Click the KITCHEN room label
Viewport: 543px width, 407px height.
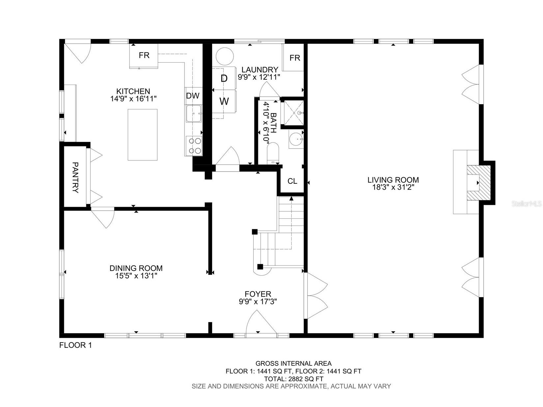[133, 91]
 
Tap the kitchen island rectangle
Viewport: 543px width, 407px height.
[142, 135]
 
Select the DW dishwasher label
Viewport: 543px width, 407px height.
[193, 96]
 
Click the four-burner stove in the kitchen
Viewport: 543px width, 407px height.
[194, 146]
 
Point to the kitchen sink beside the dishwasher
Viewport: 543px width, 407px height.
[194, 114]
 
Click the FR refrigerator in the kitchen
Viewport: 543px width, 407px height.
[144, 55]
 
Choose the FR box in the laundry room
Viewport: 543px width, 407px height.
[295, 58]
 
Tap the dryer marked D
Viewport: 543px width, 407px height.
[224, 78]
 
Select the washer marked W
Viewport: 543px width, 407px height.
[224, 101]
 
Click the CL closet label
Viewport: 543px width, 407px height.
[292, 181]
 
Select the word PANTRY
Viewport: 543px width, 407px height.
[75, 177]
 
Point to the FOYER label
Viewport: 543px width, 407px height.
[258, 294]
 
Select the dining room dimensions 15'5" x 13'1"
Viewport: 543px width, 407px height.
[136, 276]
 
